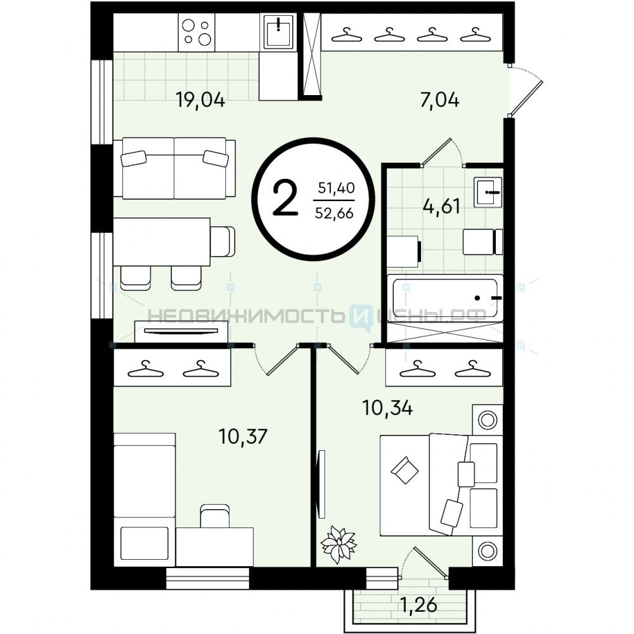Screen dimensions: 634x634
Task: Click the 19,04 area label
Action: (x=200, y=100)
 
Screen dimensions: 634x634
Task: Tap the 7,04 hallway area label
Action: (x=439, y=100)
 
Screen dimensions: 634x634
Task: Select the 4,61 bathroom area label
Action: (x=441, y=206)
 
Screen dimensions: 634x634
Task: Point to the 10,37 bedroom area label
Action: (x=243, y=436)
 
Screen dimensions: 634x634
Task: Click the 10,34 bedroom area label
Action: (x=387, y=408)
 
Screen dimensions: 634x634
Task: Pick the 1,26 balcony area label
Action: (x=418, y=605)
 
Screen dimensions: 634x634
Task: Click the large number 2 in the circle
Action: (x=285, y=198)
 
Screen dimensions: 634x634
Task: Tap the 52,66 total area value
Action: (x=334, y=213)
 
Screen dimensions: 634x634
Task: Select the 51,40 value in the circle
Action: (x=336, y=188)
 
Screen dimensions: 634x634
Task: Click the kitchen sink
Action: (x=278, y=31)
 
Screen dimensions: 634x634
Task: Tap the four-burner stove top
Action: (x=197, y=32)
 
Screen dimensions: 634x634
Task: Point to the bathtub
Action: (x=445, y=298)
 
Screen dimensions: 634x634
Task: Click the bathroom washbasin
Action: (x=489, y=192)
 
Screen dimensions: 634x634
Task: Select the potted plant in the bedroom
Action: (x=339, y=544)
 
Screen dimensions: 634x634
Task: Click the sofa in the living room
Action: (x=174, y=168)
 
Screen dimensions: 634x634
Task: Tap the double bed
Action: (x=441, y=486)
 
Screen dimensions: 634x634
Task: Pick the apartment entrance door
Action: (x=526, y=97)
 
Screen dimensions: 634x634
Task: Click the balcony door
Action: (x=430, y=560)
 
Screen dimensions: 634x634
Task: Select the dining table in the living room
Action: (x=162, y=242)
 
